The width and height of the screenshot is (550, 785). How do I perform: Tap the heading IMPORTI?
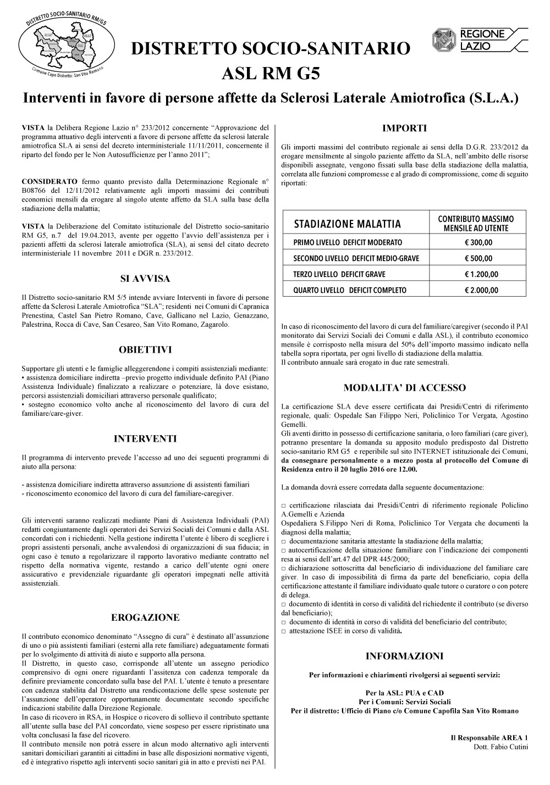click(404, 129)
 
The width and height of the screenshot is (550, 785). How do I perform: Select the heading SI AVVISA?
click(145, 279)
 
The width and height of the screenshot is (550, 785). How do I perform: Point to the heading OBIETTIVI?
click(145, 349)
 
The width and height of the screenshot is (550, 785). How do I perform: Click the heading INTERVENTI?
click(145, 438)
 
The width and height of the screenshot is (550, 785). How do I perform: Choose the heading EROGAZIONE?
click(145, 617)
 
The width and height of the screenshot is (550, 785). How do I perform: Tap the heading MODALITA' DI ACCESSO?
click(404, 388)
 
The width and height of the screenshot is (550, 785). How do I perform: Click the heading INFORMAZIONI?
click(404, 656)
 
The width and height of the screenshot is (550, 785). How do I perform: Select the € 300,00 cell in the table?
click(478, 243)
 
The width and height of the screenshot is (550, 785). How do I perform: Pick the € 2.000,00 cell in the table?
click(478, 290)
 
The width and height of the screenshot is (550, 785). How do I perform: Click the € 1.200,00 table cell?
click(478, 275)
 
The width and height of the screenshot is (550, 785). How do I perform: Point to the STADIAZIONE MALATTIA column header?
click(348, 224)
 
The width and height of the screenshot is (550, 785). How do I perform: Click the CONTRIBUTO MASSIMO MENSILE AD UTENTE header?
click(477, 224)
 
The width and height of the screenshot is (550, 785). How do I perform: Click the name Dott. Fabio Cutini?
click(501, 747)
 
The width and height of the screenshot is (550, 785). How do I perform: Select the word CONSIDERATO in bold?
click(49, 181)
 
